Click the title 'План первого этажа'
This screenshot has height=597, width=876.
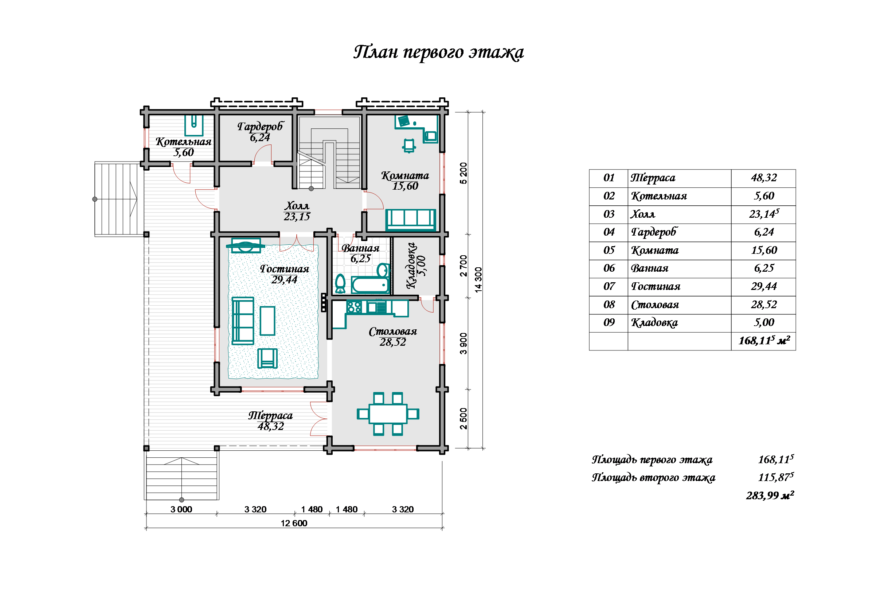pos(438,52)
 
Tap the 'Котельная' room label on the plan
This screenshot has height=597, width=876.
pos(183,142)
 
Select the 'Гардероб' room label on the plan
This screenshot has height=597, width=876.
pos(260,126)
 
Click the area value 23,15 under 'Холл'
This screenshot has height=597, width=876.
pos(297,217)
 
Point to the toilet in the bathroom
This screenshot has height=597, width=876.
pos(340,283)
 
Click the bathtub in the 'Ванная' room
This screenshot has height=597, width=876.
pos(370,285)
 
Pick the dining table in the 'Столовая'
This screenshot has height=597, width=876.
pos(388,414)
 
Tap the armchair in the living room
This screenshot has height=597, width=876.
pos(267,358)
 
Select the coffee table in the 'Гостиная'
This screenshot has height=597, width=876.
pos(267,321)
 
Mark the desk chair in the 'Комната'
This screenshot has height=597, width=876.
pos(409,146)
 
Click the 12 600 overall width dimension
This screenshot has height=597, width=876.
pos(294,523)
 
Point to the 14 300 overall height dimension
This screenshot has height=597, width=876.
pos(478,280)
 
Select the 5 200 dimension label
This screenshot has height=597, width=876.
pos(463,173)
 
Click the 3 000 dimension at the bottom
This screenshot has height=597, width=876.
pos(181,509)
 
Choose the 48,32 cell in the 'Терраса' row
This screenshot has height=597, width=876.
pos(764,178)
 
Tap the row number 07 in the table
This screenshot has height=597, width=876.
pos(609,287)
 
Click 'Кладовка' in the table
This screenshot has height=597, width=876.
pos(654,323)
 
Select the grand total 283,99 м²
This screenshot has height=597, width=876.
pos(770,496)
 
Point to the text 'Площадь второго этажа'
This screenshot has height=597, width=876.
pos(653,478)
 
